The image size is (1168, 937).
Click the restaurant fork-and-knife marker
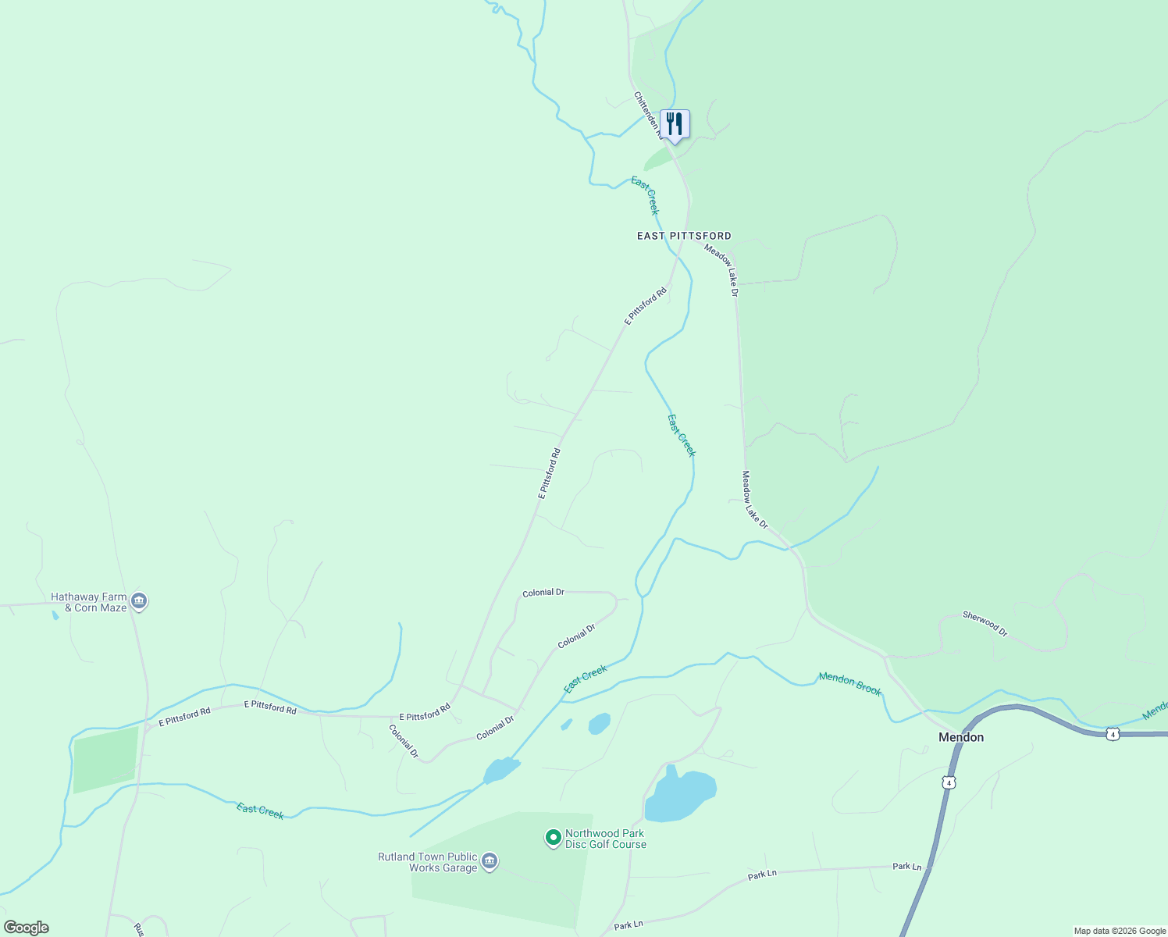(675, 125)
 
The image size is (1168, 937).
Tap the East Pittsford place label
(684, 236)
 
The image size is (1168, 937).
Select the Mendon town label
(961, 737)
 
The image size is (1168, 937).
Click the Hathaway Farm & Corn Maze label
(88, 602)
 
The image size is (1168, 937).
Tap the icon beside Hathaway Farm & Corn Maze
(140, 601)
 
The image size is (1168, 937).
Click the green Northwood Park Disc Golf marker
(553, 838)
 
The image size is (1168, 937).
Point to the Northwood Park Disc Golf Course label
(606, 839)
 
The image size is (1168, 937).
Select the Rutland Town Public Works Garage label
(427, 862)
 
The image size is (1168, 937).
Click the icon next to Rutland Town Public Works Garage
(490, 861)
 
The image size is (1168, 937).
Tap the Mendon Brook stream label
(850, 684)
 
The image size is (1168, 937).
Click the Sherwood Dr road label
(985, 623)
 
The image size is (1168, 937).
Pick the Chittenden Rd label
(646, 114)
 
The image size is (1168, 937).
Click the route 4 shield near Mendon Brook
(1113, 734)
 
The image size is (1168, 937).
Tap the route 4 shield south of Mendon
(948, 782)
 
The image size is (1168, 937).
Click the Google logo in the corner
(27, 928)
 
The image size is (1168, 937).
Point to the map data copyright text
(1120, 931)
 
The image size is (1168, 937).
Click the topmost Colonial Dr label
(543, 593)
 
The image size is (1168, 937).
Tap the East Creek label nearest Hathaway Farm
(260, 811)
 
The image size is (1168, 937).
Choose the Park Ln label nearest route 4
(907, 867)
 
